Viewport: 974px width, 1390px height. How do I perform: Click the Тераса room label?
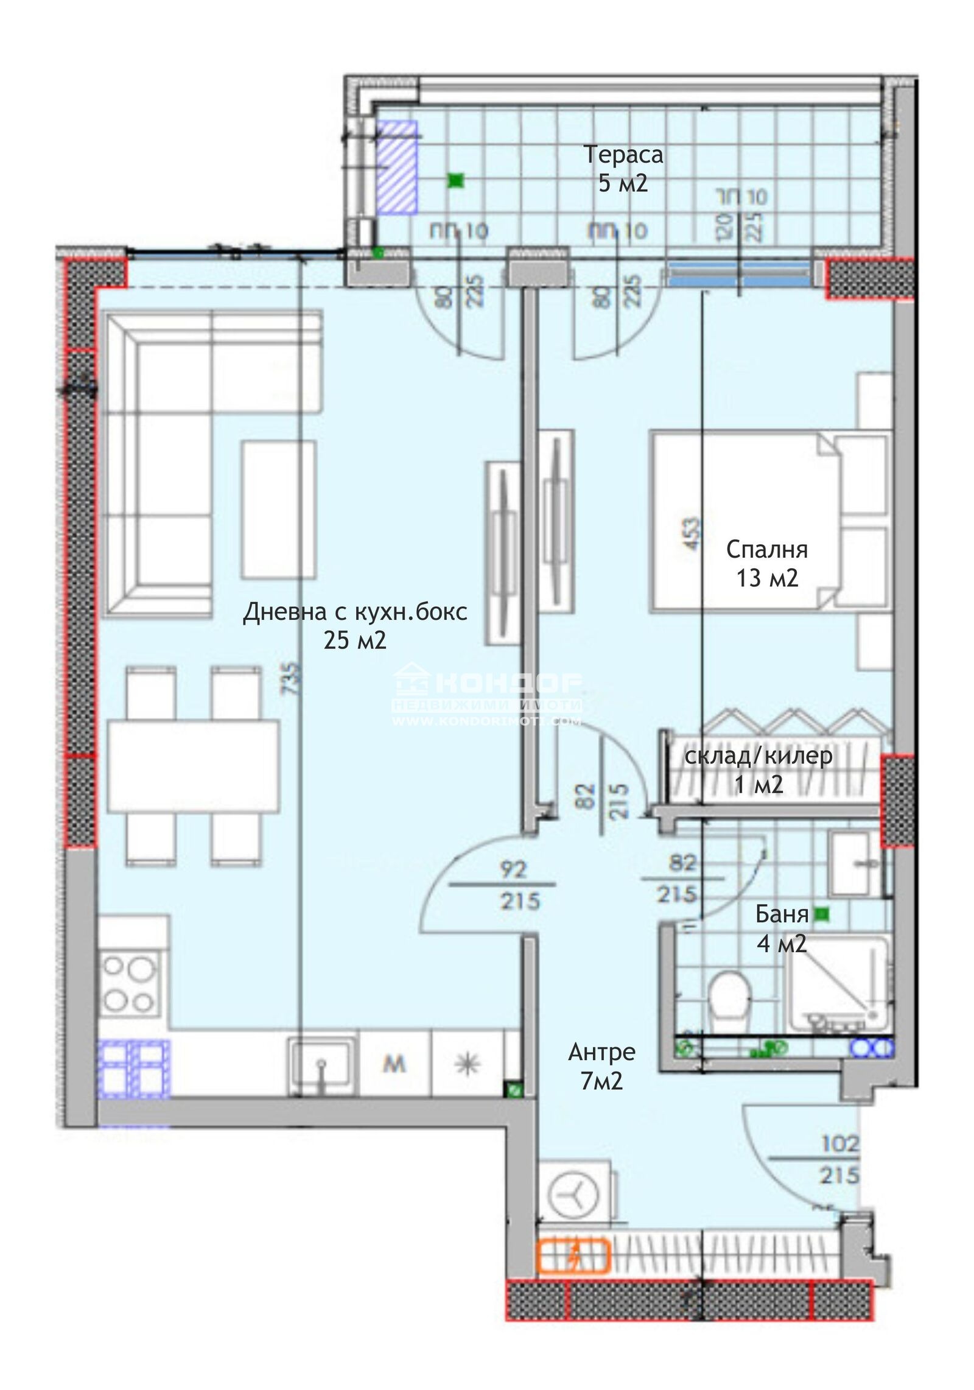(623, 155)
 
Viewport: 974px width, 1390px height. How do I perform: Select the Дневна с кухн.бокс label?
(355, 612)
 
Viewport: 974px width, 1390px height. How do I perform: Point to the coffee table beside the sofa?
(278, 510)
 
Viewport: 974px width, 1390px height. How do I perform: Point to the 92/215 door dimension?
(513, 885)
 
